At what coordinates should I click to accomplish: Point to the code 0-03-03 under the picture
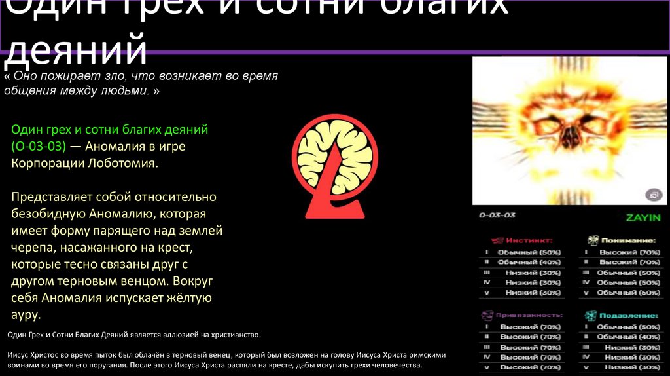[497, 215]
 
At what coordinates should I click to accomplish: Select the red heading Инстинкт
[531, 240]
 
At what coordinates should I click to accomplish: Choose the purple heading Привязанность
[531, 315]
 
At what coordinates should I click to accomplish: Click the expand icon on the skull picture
[652, 195]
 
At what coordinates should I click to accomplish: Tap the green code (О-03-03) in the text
[39, 146]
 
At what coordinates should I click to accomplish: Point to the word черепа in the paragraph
[33, 248]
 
